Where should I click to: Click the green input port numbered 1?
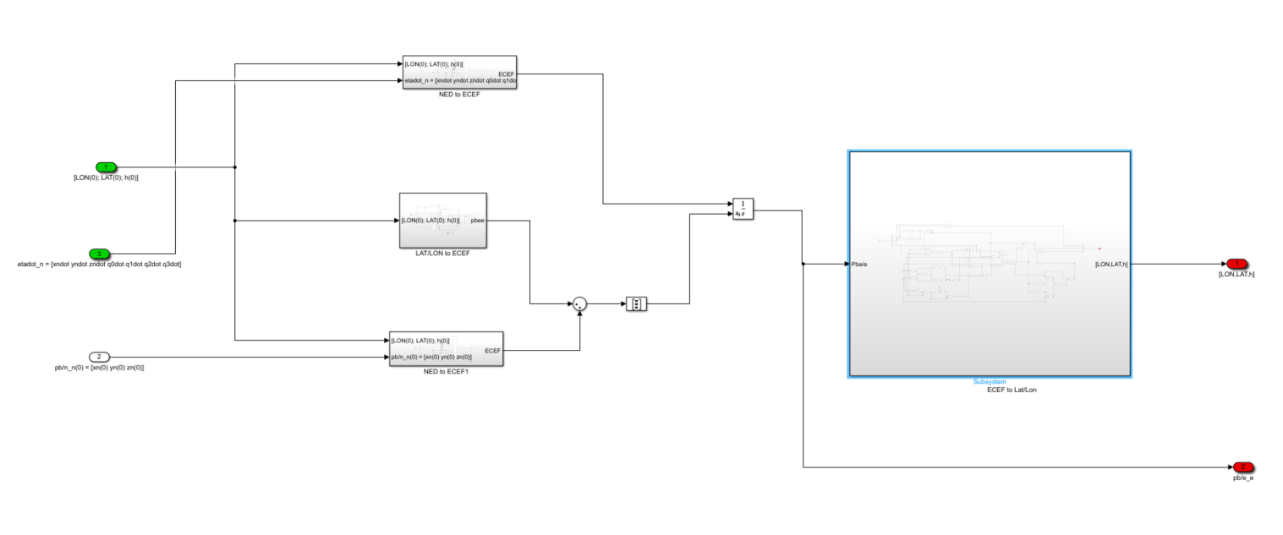click(106, 167)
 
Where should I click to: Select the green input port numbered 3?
click(100, 254)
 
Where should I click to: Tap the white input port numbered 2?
click(99, 357)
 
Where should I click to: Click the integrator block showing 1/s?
click(743, 209)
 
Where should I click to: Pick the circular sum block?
click(579, 303)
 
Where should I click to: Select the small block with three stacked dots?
click(636, 303)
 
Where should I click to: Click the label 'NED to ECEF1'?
click(446, 372)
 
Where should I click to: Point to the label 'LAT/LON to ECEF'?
click(442, 254)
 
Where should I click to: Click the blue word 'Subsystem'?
click(990, 382)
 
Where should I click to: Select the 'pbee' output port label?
click(477, 221)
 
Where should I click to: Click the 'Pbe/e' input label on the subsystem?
click(858, 264)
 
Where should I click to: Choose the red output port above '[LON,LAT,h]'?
click(1236, 264)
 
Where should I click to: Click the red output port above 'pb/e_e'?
click(1242, 467)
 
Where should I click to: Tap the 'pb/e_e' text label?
click(1242, 478)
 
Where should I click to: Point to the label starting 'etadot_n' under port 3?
click(100, 265)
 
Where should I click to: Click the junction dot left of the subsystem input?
click(803, 264)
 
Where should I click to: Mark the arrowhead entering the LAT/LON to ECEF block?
click(396, 221)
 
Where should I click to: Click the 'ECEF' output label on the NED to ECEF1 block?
click(492, 350)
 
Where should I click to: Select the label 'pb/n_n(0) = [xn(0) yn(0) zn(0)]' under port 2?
click(99, 368)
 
